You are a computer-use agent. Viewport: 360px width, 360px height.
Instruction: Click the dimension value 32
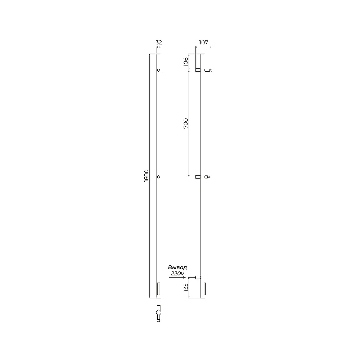pos(159,42)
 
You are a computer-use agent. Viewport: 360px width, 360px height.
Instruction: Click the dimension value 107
pos(204,42)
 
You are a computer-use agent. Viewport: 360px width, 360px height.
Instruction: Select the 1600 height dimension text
pos(147,176)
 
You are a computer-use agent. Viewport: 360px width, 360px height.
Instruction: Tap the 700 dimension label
pos(186,123)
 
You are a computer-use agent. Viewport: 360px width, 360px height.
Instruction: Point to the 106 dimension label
pos(186,62)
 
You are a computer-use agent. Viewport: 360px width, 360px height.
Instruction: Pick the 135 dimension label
pos(186,287)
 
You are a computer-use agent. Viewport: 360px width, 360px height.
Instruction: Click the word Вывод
pos(177,267)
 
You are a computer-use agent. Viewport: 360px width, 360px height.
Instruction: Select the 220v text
pos(177,274)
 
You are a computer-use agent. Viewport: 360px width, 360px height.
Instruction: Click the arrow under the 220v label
pos(177,278)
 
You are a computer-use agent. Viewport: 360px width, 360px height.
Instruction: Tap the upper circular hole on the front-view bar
pos(159,70)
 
